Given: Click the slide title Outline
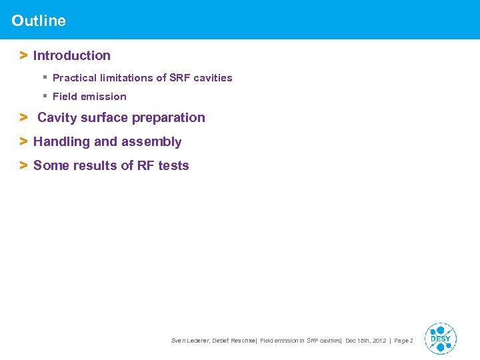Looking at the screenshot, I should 39,21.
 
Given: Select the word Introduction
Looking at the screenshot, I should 72,56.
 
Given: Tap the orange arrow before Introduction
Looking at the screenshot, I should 23,56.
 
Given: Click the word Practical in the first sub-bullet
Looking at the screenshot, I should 73,78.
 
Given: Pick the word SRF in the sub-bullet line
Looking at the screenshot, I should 179,78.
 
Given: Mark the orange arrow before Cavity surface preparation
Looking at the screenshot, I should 23,118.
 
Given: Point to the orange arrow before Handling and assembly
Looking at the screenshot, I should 23,142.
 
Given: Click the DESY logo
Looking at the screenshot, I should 440,338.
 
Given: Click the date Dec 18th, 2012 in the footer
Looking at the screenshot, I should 365,341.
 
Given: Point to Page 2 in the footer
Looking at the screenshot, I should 404,341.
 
